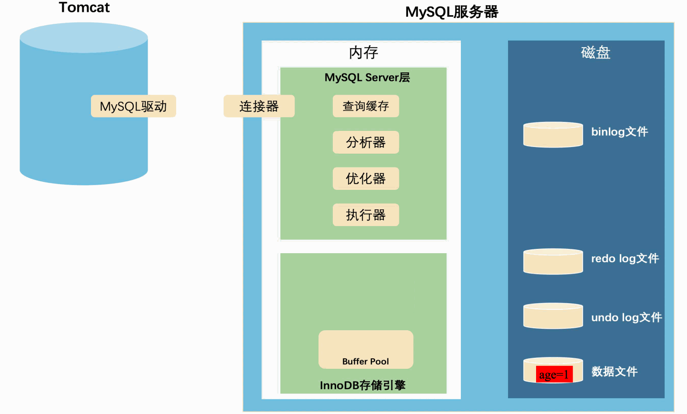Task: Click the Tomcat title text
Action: click(x=84, y=8)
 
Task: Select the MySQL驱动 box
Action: click(x=133, y=106)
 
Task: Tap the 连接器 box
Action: click(x=259, y=106)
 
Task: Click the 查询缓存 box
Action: click(x=366, y=106)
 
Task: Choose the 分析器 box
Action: click(x=366, y=142)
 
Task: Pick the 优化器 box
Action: click(x=366, y=178)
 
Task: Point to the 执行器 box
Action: click(x=366, y=215)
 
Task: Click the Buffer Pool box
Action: click(x=366, y=350)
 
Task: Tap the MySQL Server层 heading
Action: click(x=367, y=78)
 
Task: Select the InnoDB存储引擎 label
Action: click(x=362, y=385)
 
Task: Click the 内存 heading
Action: click(x=363, y=52)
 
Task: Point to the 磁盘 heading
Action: click(x=596, y=52)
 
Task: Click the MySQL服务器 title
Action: click(x=451, y=12)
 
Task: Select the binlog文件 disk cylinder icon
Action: click(x=553, y=135)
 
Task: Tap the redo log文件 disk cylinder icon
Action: click(x=553, y=261)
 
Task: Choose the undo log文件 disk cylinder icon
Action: click(x=553, y=316)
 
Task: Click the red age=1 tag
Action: click(x=554, y=375)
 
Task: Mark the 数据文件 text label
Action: click(x=614, y=371)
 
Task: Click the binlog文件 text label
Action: click(x=619, y=132)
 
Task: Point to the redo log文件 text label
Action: click(x=625, y=258)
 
